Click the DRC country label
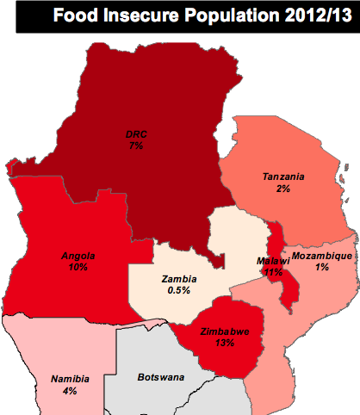pyautogui.click(x=134, y=134)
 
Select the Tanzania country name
pyautogui.click(x=283, y=177)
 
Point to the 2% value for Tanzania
pyautogui.click(x=283, y=189)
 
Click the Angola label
pyautogui.click(x=78, y=256)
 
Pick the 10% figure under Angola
pyautogui.click(x=78, y=268)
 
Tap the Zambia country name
pyautogui.click(x=179, y=279)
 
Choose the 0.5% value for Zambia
pyautogui.click(x=179, y=291)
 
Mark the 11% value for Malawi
pyautogui.click(x=275, y=272)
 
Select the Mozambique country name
pyautogui.click(x=321, y=257)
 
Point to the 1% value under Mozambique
pyautogui.click(x=321, y=269)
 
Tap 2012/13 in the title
pyautogui.click(x=312, y=16)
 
